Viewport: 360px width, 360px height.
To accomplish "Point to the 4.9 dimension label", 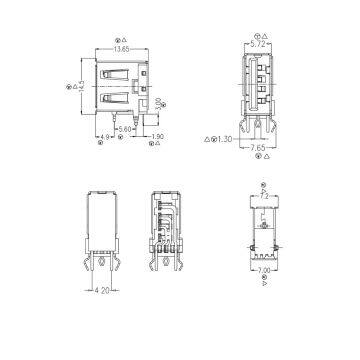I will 104,135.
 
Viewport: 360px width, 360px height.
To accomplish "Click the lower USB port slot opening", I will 122,100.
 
